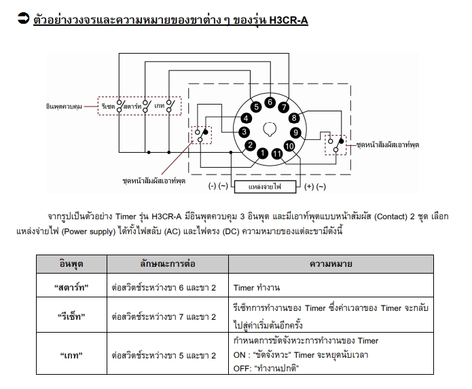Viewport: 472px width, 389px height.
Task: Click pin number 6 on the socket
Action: [270, 103]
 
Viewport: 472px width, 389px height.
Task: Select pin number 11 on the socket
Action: [276, 154]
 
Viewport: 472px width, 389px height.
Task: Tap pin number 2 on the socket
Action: [250, 145]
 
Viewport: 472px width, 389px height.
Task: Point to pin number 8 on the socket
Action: [294, 118]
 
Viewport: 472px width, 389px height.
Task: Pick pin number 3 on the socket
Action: [244, 132]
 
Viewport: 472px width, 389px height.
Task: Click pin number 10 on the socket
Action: [289, 146]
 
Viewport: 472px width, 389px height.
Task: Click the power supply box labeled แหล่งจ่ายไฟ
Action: [265, 187]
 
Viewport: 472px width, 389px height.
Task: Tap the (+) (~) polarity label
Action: [315, 187]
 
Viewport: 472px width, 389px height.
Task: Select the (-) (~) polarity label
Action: [218, 186]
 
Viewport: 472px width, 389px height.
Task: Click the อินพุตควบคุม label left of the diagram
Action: [64, 107]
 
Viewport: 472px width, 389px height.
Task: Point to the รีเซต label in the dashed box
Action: [108, 106]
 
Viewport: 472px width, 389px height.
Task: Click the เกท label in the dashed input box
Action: [159, 106]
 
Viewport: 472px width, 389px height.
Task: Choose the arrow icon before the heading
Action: [23, 18]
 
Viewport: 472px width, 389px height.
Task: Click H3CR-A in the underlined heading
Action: [289, 20]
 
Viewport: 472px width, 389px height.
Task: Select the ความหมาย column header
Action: [331, 264]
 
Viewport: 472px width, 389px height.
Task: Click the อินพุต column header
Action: [71, 264]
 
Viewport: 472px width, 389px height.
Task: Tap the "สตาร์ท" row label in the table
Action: [71, 287]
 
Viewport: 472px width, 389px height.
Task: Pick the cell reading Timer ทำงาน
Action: [257, 288]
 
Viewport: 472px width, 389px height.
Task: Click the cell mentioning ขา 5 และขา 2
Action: [164, 356]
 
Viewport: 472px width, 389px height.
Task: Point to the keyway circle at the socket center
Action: [270, 129]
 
